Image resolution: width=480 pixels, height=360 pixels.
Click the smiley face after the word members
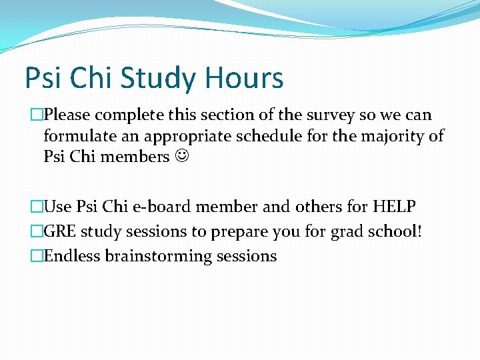tap(181, 157)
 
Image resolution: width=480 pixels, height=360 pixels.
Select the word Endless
tap(71, 256)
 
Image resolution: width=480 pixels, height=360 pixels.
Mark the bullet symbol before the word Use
tap(37, 207)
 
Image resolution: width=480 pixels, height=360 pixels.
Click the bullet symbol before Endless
tap(37, 256)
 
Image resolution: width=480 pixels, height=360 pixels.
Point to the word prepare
tap(235, 231)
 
